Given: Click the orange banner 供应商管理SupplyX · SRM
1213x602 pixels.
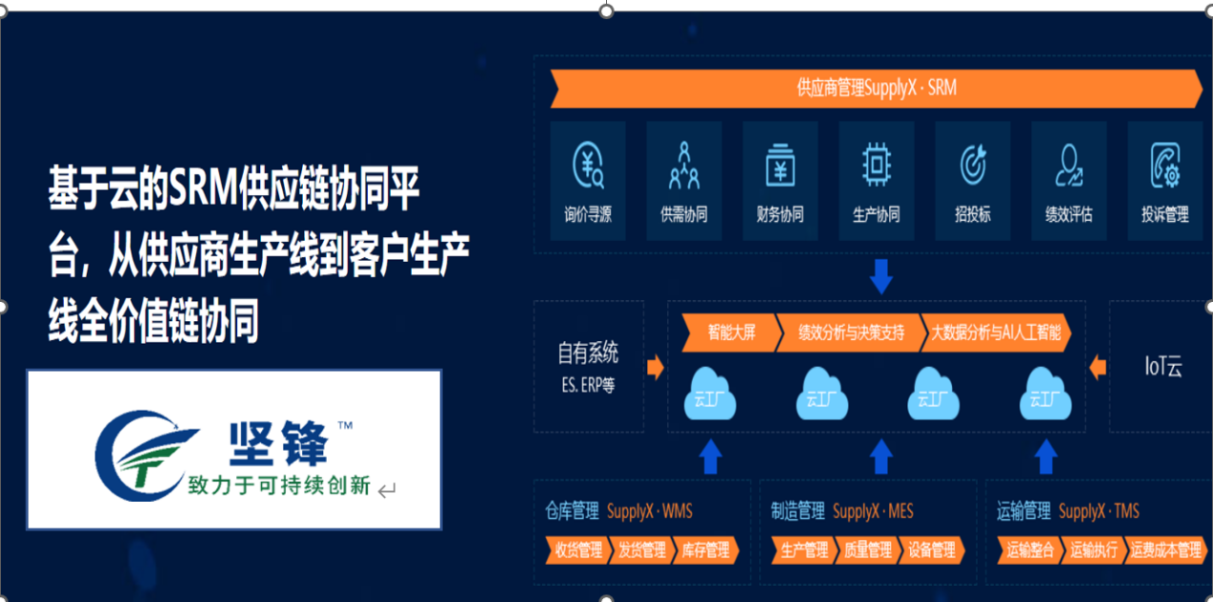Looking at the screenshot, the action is [877, 88].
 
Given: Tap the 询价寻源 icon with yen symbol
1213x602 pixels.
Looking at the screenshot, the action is [588, 164].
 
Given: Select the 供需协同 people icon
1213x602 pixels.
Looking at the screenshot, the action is [684, 165].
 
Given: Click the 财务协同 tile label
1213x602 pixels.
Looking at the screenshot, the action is [780, 214].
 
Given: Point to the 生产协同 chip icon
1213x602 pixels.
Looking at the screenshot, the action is [877, 164].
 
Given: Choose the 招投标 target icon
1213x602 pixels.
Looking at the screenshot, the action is [973, 164].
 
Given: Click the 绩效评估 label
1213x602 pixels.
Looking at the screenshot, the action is [1069, 214].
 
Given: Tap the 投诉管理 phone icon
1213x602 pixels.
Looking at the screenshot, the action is [1165, 165].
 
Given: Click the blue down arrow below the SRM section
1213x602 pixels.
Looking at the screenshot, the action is [881, 277].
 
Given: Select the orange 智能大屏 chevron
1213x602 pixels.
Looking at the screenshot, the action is [730, 333].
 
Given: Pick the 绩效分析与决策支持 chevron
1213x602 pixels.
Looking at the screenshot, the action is [851, 333].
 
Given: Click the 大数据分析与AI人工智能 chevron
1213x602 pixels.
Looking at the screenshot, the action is [996, 333].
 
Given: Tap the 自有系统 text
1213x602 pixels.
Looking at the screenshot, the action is [588, 353].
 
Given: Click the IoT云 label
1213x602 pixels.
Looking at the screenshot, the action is [1163, 367].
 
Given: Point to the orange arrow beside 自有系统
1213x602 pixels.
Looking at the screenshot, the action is [655, 368].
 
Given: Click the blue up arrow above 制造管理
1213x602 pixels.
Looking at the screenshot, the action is [881, 457].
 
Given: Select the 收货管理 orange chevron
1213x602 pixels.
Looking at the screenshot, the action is [577, 550].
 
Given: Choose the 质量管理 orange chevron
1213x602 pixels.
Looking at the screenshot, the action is [867, 550].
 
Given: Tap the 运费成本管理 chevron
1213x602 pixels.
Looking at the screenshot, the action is [1165, 550].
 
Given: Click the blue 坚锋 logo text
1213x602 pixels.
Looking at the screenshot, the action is [278, 443].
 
